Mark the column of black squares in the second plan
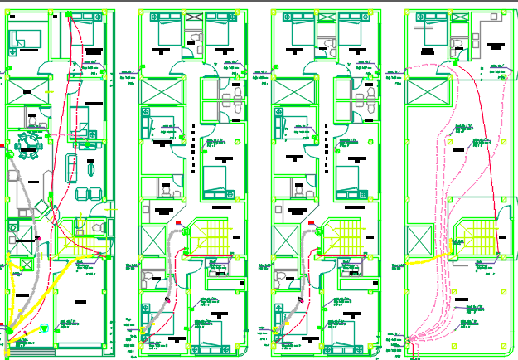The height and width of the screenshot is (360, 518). click(x=193, y=137)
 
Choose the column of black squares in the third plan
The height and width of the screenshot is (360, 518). click(x=326, y=137)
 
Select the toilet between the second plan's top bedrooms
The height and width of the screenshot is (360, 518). click(x=196, y=38)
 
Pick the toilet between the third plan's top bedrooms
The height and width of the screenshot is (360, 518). click(x=328, y=38)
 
